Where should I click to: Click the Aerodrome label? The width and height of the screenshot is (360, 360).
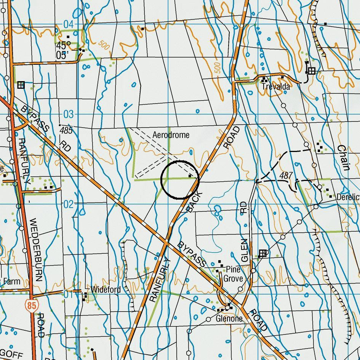tap(171, 135)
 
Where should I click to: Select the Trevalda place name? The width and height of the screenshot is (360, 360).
tap(276, 87)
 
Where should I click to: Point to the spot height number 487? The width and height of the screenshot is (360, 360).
tap(286, 176)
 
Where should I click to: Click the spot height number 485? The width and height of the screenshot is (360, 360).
tap(66, 131)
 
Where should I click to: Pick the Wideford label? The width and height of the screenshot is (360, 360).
tap(106, 290)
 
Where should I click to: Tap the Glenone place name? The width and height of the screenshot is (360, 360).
tap(229, 318)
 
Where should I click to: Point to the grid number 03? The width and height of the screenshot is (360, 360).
tap(68, 114)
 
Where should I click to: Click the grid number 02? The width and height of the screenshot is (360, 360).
tap(68, 204)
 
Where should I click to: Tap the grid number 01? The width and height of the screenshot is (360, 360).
tap(68, 294)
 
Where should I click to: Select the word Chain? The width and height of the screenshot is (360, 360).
tap(343, 157)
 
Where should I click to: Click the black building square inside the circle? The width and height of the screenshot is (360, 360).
tap(190, 176)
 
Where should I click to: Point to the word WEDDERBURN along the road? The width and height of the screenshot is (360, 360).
tap(38, 250)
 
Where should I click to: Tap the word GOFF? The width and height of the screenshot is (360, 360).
tap(11, 355)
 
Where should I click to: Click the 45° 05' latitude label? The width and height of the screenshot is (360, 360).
tap(63, 50)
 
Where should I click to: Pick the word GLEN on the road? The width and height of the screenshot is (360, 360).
tap(244, 250)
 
